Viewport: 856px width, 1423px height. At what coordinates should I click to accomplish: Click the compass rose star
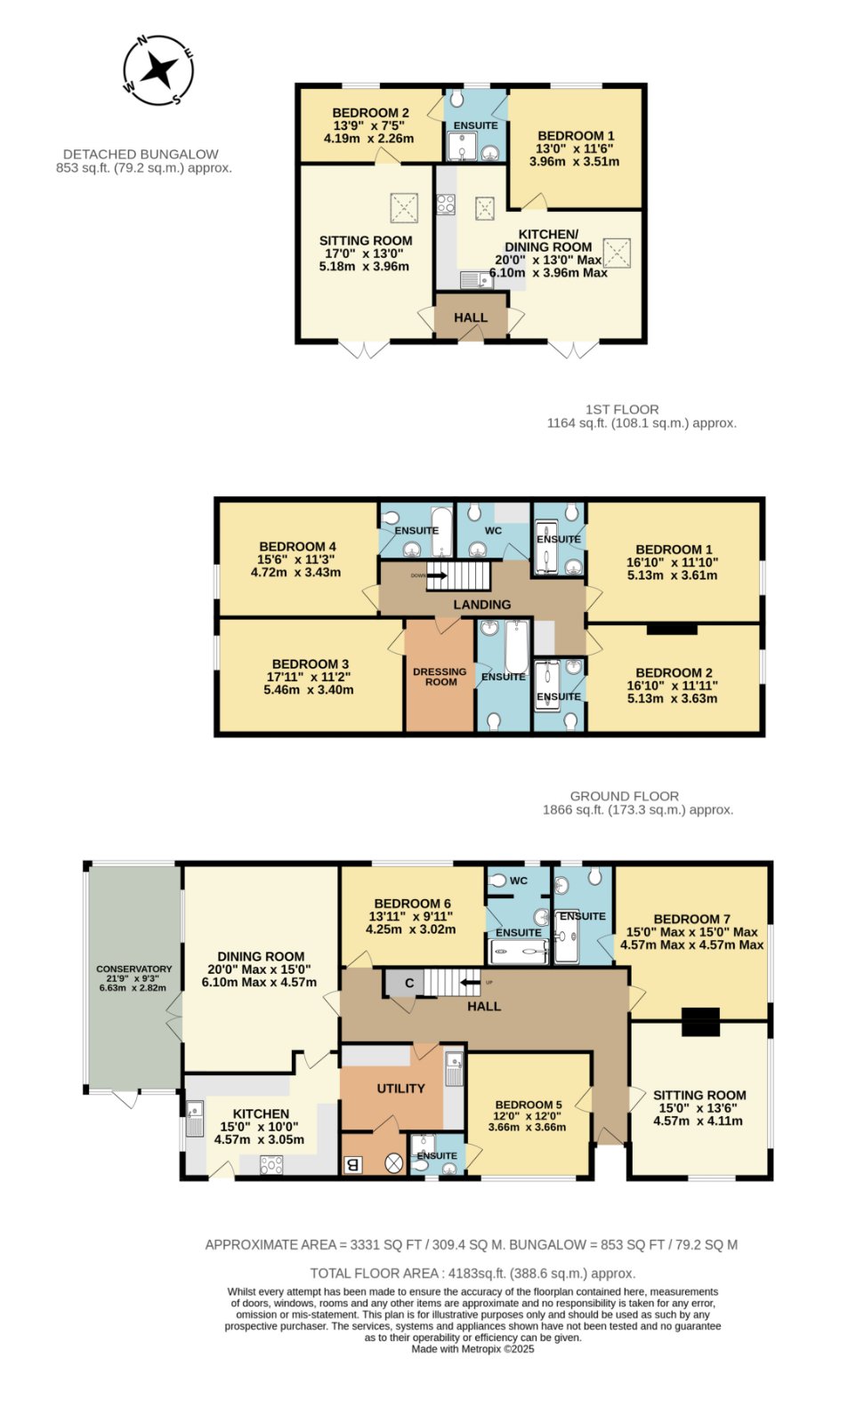[157, 69]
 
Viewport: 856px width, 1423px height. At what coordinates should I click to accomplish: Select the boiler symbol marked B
[351, 1164]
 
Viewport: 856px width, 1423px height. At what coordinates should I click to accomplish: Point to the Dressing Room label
[440, 677]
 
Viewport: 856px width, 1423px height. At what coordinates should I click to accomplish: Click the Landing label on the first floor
[481, 604]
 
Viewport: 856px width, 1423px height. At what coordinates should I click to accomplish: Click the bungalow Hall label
[470, 318]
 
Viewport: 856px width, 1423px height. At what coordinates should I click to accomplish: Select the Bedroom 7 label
[691, 919]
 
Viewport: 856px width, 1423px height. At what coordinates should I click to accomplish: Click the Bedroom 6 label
[413, 904]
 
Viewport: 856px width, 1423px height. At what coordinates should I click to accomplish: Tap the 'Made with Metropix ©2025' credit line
[472, 1348]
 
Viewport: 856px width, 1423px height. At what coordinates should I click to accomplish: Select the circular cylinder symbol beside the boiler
[394, 1164]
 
